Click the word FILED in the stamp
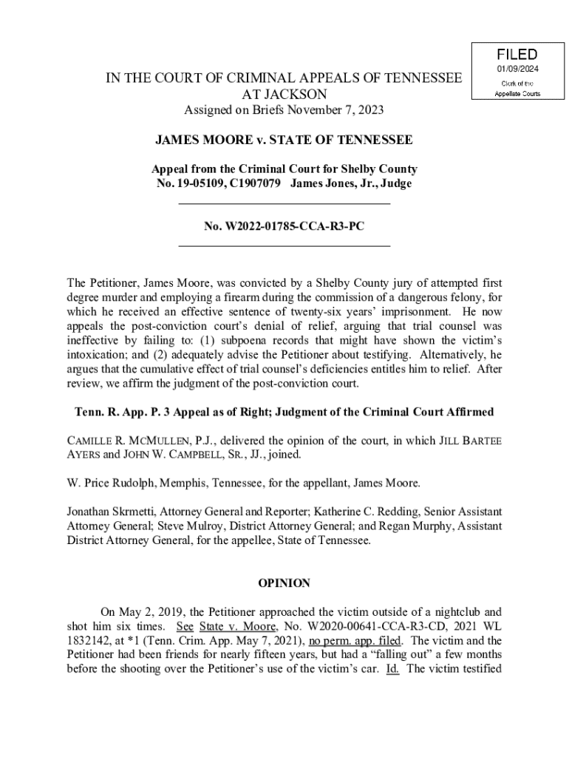(517, 55)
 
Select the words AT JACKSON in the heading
(284, 95)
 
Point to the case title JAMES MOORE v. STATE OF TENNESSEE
(284, 139)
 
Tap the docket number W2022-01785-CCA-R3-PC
(284, 226)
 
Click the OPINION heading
(284, 583)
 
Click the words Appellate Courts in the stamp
(517, 94)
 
